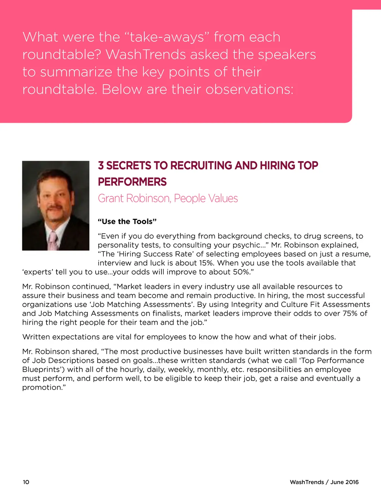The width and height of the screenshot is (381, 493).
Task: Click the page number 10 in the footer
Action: point(26,482)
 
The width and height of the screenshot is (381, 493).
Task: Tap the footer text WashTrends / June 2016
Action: point(324,482)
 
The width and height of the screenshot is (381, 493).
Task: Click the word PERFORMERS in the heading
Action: point(132,182)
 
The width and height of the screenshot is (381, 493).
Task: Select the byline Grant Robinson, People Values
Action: point(168,198)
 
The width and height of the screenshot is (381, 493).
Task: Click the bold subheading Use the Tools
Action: point(127,222)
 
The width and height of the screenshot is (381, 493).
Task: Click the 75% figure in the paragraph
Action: point(350,313)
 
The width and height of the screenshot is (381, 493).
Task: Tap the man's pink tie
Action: point(54,241)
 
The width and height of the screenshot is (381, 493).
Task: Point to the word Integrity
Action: point(247,304)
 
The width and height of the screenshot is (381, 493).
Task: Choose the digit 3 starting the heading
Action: point(101,166)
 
